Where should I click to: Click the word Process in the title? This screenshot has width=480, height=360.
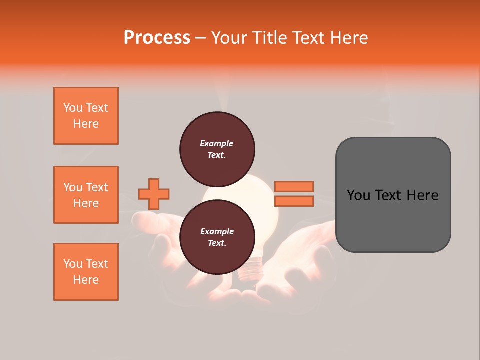tap(157, 38)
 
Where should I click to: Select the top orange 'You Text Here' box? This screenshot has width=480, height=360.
tap(86, 116)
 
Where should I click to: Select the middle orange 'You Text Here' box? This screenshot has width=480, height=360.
tap(86, 195)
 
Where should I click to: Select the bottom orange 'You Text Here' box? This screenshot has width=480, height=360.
tap(86, 272)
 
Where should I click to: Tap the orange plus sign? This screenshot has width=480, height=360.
tap(154, 194)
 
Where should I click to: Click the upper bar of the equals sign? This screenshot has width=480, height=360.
tap(294, 186)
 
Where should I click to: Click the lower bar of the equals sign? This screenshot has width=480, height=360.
tap(294, 201)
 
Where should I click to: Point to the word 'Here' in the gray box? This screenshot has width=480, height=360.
tap(422, 195)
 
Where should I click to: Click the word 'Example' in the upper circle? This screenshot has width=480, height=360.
tap(217, 143)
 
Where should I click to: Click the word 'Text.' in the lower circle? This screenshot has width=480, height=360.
tap(217, 243)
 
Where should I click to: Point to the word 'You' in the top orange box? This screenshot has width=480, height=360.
tap(73, 108)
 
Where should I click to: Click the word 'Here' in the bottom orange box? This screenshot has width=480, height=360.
tap(86, 280)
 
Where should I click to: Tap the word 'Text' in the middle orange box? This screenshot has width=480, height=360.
tap(96, 187)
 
